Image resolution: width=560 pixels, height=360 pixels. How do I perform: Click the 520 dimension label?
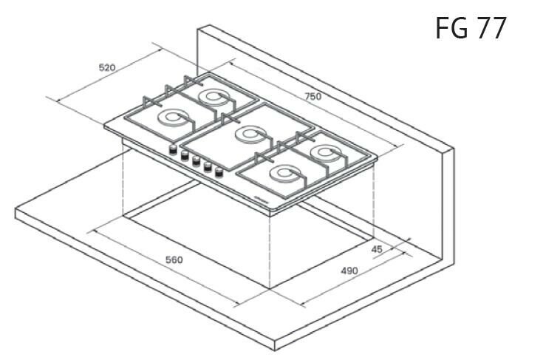107,67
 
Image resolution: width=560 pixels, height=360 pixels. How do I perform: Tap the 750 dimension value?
313,97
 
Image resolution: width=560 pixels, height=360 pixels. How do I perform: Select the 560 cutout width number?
174,260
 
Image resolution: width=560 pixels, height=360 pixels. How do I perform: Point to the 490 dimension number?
349,271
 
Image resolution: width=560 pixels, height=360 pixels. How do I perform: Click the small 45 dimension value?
377,249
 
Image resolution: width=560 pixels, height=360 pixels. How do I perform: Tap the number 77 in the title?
491,28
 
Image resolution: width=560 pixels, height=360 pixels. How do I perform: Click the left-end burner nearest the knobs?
172,118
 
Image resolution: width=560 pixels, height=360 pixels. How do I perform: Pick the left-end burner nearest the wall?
213,98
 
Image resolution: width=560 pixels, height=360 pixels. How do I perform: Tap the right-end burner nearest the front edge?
285,174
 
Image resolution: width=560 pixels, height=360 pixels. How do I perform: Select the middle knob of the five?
196,161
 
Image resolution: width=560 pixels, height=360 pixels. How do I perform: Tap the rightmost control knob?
219,173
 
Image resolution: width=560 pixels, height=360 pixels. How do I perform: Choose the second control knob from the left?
184,155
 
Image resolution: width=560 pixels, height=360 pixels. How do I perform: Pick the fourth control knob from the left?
208,167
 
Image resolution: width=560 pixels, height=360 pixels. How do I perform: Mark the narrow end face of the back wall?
448,206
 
